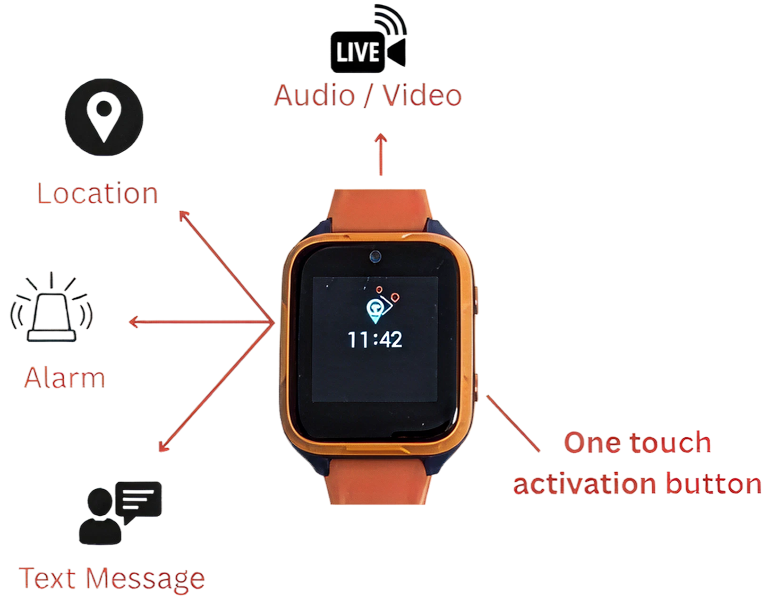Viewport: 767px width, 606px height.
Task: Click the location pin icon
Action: [x=104, y=117]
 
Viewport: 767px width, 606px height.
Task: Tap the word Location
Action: [x=97, y=194]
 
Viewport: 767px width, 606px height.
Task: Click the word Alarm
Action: [x=65, y=378]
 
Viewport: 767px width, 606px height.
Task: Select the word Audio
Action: [x=315, y=95]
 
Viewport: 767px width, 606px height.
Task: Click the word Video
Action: [x=422, y=95]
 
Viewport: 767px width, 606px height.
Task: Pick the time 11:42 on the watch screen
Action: [x=375, y=339]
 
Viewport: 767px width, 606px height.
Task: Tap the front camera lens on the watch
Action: [x=375, y=257]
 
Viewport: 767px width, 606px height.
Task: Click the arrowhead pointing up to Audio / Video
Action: [x=381, y=139]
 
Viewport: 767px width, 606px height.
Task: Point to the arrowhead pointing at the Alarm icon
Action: [x=134, y=322]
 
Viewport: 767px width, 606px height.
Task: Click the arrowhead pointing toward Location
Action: [x=183, y=216]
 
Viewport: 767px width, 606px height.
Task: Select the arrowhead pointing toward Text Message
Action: [x=163, y=446]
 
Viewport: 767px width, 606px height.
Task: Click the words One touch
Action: [x=637, y=443]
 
